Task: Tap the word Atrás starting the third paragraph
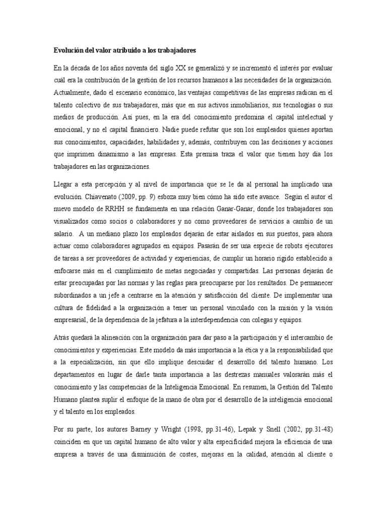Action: click(62, 337)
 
